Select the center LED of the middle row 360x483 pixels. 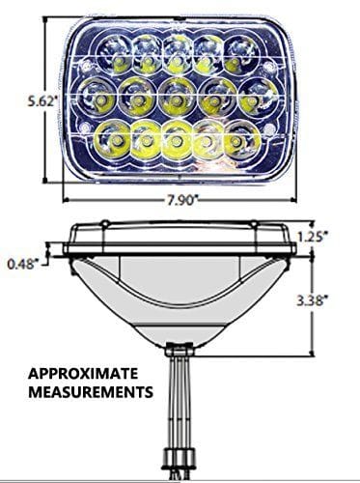[176, 96]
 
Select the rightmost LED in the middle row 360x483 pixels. [254, 96]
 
